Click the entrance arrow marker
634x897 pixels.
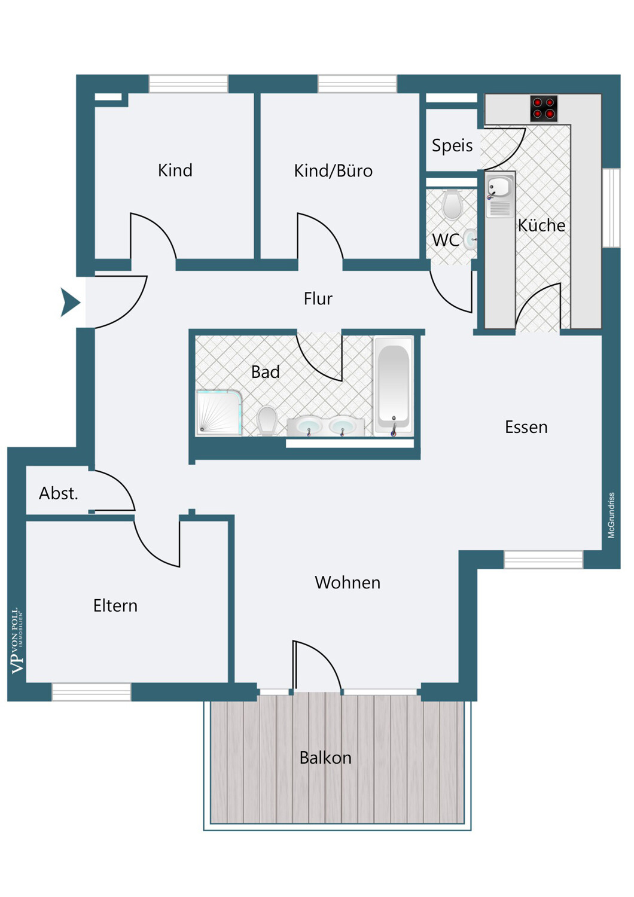69,303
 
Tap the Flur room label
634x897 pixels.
318,299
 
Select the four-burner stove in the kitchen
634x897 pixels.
544,108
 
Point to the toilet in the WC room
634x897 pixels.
452,205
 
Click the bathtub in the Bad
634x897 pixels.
394,386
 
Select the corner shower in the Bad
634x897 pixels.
219,413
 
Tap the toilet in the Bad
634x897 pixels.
267,421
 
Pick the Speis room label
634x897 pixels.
452,145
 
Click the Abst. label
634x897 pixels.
59,493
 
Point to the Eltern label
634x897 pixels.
115,605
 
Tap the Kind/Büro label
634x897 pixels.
333,170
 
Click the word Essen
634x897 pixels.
526,428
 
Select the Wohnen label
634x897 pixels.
348,582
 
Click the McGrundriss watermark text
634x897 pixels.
611,515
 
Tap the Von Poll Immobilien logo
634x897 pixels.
17,641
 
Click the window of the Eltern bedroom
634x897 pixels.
92,692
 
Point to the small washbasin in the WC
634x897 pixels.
471,239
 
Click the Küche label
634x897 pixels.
541,225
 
